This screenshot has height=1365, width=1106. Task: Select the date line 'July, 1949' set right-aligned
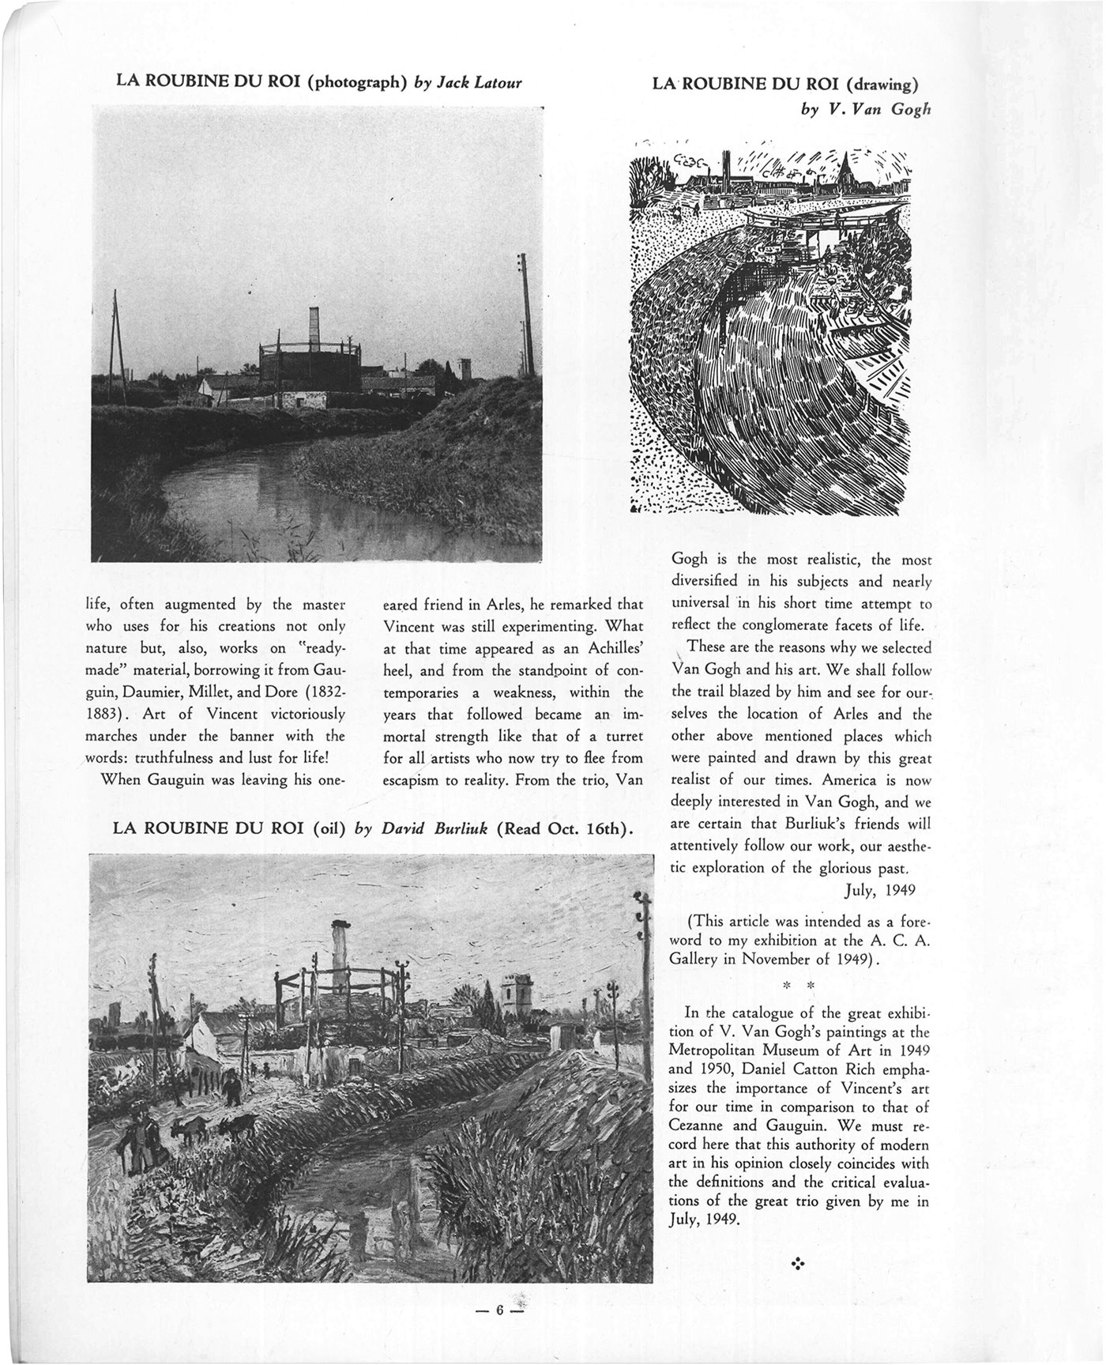tap(879, 890)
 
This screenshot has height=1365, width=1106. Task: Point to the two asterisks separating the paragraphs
tap(798, 986)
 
